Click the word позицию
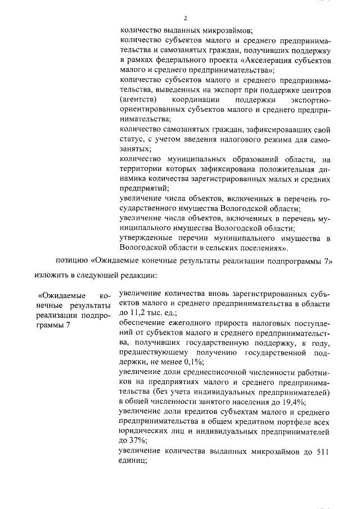(x=72, y=261)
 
